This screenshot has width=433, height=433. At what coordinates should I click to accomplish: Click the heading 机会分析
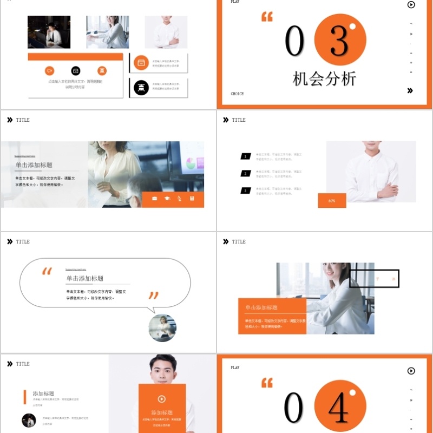[324, 79]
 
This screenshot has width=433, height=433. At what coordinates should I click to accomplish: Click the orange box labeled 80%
[332, 201]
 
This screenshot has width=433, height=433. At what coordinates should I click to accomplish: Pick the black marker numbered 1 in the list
[246, 156]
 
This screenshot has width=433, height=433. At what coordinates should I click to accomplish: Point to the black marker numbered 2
[246, 174]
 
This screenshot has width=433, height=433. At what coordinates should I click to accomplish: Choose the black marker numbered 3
[246, 191]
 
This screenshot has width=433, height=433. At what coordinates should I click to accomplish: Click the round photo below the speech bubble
[162, 328]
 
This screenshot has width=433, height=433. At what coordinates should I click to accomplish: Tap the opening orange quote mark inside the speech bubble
[47, 272]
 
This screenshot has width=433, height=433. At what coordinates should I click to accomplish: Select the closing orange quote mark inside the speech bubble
[154, 296]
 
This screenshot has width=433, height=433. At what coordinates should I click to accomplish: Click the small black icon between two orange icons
[76, 71]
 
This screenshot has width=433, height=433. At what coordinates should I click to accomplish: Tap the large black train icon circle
[141, 88]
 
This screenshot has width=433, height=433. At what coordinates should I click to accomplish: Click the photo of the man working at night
[49, 32]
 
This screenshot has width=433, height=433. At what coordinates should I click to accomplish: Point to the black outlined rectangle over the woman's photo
[374, 278]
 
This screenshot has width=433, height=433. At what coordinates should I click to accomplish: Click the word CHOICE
[237, 94]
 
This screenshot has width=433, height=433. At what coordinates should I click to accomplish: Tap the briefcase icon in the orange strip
[155, 199]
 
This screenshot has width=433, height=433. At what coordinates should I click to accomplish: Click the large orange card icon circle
[141, 62]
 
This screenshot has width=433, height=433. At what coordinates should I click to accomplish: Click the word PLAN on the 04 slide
[235, 368]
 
